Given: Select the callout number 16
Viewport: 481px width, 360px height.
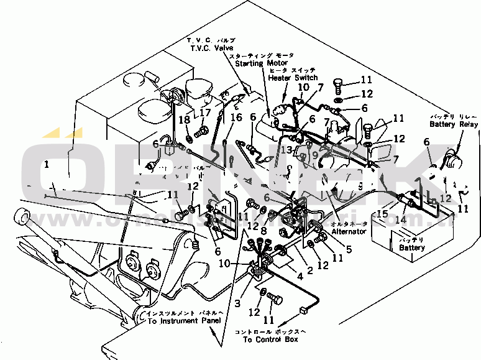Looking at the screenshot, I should pyautogui.click(x=236, y=118).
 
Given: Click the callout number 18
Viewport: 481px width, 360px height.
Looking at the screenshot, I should pyautogui.click(x=185, y=119).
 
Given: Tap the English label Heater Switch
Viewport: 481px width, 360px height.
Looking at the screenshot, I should pyautogui.click(x=293, y=78).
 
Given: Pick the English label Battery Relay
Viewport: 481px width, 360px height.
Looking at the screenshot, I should pyautogui.click(x=454, y=124).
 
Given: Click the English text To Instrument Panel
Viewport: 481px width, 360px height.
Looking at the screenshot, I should pyautogui.click(x=183, y=321).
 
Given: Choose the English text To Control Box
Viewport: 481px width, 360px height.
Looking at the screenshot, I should pyautogui.click(x=270, y=340).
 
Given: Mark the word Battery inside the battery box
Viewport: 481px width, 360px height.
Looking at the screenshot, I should pyautogui.click(x=413, y=247).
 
